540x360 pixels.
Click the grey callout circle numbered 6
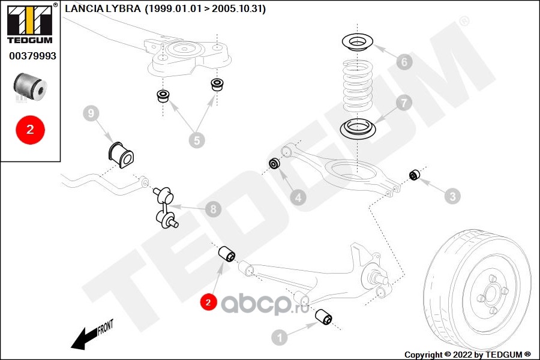[x=404, y=61]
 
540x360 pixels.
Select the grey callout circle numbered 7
[x=404, y=103]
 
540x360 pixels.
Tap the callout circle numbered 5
[x=196, y=140]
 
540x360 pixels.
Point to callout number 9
[x=90, y=113]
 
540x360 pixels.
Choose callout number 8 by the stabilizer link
[x=212, y=209]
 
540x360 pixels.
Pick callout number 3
[x=452, y=196]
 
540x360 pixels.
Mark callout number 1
[x=279, y=337]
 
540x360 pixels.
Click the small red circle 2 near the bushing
[x=208, y=302]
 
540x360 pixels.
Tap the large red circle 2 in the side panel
[x=30, y=128]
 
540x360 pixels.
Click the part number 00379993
[x=32, y=56]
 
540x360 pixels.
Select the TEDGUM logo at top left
[x=29, y=23]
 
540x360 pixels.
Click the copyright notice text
[x=467, y=354]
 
